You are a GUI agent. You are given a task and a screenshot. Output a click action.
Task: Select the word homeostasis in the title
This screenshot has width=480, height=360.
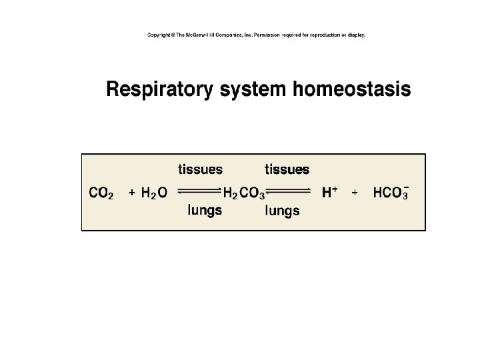pyautogui.click(x=351, y=89)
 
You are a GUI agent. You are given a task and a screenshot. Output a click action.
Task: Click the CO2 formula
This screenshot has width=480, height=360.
pyautogui.click(x=102, y=193)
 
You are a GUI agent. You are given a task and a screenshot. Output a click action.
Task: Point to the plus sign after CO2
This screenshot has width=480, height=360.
pyautogui.click(x=132, y=193)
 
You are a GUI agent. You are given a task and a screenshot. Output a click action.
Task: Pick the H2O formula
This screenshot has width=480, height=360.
pyautogui.click(x=154, y=193)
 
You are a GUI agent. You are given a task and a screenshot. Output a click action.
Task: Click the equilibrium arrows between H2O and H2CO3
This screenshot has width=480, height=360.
pyautogui.click(x=199, y=192)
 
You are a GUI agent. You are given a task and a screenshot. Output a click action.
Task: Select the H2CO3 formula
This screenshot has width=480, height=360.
pyautogui.click(x=243, y=194)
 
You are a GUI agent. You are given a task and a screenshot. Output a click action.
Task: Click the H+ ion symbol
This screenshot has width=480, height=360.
pyautogui.click(x=329, y=193)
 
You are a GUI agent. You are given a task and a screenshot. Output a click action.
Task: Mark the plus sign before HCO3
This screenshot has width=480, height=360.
pyautogui.click(x=355, y=193)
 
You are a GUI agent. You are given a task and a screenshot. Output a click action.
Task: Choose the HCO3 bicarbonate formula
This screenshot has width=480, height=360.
pyautogui.click(x=391, y=193)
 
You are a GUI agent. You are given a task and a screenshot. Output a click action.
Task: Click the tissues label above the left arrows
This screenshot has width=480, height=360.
pyautogui.click(x=200, y=169)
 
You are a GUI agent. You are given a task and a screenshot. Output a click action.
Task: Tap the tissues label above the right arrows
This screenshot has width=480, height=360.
pyautogui.click(x=287, y=169)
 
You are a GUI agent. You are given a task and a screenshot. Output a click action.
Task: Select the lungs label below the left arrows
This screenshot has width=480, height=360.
pyautogui.click(x=205, y=211)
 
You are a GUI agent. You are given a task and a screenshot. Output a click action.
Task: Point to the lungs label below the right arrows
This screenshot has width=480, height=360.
pyautogui.click(x=283, y=211)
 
